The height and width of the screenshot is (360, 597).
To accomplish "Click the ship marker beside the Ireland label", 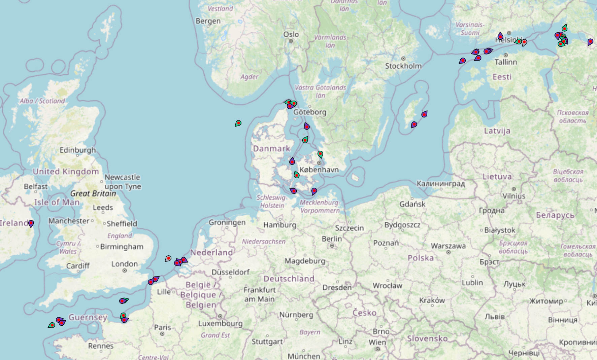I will pos(31,223).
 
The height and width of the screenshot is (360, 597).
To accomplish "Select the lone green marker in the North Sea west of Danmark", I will pos(238,123).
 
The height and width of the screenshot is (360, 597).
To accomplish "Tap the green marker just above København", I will pos(320,154).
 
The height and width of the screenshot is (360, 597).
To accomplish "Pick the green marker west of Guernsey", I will pos(52,325).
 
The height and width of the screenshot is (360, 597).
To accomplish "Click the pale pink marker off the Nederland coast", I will pos(168,258).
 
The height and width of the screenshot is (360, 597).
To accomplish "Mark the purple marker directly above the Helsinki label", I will pos(500,36).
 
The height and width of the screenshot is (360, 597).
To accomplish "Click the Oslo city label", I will pos(291,34).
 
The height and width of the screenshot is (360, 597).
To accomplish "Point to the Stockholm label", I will pos(403,66).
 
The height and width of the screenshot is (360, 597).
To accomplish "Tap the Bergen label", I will pos(208,21).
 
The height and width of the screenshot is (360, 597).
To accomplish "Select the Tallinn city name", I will pos(505,62).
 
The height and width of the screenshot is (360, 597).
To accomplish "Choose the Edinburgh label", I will pos(78,150).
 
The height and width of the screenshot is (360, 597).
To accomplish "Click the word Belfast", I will pos(36,186).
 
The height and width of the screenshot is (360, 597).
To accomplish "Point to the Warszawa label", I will pos(448,246).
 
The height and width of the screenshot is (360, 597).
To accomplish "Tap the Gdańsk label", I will pos(412,204).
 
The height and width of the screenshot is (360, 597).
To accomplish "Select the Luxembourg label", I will pos(220,323).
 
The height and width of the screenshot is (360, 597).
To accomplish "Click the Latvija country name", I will pos(497,131).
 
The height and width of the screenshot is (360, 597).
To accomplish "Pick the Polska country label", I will pos(421,258).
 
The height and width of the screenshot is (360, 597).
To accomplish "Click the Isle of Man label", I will pos(57,202).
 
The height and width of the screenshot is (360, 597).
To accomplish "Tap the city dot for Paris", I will pos(162,334).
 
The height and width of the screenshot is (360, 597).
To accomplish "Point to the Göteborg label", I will pos(310,112).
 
